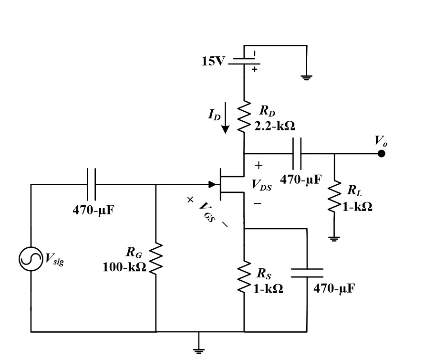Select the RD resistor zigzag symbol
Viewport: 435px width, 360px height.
[x=244, y=115]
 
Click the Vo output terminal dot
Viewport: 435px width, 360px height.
[x=381, y=154]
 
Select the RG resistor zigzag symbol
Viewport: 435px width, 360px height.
[x=156, y=259]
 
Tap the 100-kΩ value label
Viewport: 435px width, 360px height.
[x=124, y=267]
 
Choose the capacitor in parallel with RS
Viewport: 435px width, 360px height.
[x=307, y=273]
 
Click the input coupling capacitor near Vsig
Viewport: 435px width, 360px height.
[x=92, y=184]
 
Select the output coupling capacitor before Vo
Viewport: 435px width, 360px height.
[x=297, y=154]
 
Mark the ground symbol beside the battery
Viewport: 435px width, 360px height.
[x=307, y=77]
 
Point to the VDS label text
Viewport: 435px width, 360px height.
[x=261, y=186]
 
